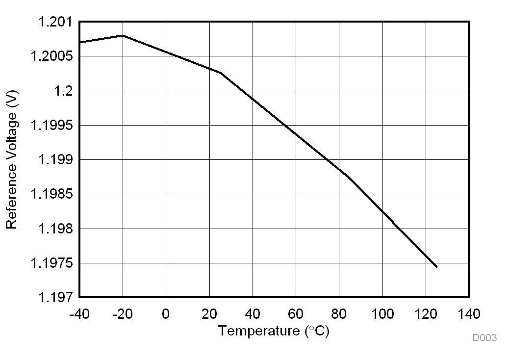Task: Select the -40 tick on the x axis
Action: [x=79, y=313]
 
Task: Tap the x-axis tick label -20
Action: [x=122, y=313]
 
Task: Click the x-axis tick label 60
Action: [x=296, y=313]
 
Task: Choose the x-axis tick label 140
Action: [x=469, y=313]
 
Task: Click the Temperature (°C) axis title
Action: [x=274, y=331]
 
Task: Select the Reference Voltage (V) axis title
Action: [x=12, y=159]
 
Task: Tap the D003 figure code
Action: [x=484, y=338]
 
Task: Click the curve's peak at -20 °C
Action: [x=123, y=35]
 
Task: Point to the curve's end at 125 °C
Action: [x=436, y=267]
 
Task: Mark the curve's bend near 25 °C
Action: [x=220, y=73]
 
